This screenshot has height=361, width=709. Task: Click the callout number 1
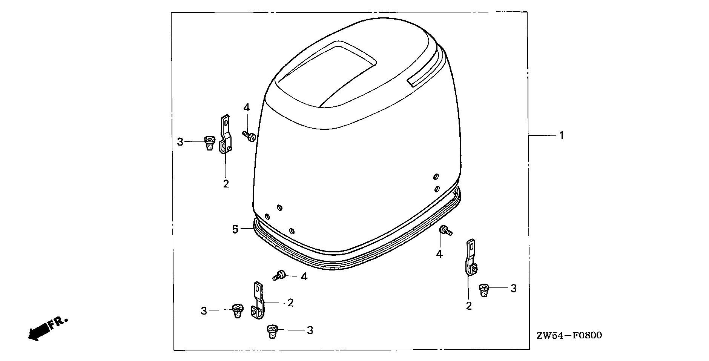click(x=561, y=135)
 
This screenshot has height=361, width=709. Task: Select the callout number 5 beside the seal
click(x=235, y=229)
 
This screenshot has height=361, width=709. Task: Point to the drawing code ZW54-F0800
click(x=569, y=335)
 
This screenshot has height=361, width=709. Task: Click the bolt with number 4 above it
click(x=249, y=136)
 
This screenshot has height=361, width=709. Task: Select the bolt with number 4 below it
click(x=445, y=230)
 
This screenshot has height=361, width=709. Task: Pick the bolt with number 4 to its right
click(x=279, y=275)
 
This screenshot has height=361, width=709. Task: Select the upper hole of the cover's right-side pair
click(x=436, y=177)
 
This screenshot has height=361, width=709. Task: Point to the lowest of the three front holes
click(x=291, y=231)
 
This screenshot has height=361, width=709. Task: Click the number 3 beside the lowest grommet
click(x=310, y=330)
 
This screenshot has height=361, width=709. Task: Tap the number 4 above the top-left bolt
click(x=247, y=108)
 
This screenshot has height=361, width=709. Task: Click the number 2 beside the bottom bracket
click(x=290, y=303)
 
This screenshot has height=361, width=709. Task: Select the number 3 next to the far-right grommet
click(x=513, y=289)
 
